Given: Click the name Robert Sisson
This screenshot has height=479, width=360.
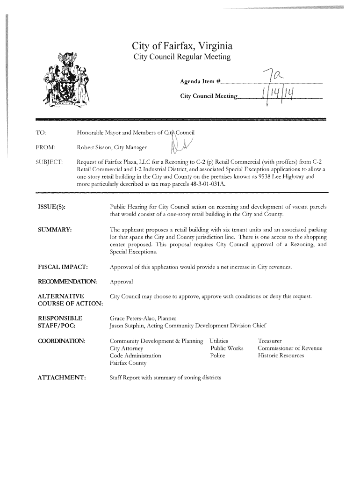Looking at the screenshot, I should (94, 147).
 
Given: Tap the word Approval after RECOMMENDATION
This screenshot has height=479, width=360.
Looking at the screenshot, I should (121, 282).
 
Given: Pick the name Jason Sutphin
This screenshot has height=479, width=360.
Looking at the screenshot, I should (127, 326).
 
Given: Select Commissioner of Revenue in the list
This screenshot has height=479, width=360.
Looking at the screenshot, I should (290, 348).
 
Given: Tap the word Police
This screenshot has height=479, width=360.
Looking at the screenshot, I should (217, 356).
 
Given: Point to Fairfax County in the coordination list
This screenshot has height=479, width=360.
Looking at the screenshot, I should (128, 363).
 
